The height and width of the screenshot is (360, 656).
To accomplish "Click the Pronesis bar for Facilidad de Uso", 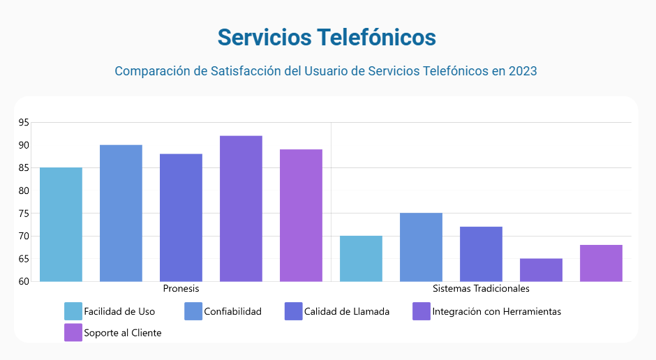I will tap(61, 225).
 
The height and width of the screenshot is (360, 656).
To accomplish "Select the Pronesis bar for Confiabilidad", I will tap(121, 213).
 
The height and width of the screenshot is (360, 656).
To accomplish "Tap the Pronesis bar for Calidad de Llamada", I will tap(181, 218).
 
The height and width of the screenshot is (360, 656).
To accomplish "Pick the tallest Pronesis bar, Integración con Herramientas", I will tap(241, 209).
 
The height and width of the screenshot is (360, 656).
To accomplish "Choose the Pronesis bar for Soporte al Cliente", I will tap(301, 216).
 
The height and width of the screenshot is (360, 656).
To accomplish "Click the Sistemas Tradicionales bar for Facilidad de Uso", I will tap(361, 259).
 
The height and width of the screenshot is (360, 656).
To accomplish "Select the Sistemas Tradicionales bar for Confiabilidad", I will tap(421, 247).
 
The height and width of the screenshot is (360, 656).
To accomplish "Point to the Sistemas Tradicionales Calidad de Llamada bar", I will tap(481, 254).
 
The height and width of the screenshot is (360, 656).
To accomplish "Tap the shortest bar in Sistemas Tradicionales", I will tap(541, 270).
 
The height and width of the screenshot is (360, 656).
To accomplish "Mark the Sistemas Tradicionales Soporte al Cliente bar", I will tap(601, 263).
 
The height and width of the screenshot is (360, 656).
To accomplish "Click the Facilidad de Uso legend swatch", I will tap(73, 311).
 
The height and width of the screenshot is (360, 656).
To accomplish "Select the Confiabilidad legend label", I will tap(232, 311).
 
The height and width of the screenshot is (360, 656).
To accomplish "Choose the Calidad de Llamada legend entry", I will tap(347, 311).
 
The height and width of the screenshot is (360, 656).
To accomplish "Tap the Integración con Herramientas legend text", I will tap(496, 311).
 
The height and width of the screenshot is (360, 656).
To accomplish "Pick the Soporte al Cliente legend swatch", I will tap(73, 333).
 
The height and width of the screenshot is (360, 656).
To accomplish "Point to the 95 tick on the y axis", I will tap(24, 123).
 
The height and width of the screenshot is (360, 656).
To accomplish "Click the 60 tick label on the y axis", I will tap(24, 281).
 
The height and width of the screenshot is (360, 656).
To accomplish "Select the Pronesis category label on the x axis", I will tap(181, 288).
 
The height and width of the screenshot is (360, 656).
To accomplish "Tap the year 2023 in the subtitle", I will tap(522, 71).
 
